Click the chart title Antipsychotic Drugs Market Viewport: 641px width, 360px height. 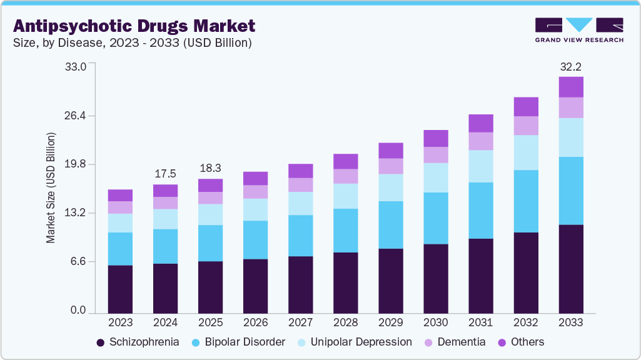point(134,26)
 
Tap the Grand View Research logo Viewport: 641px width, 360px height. point(579,30)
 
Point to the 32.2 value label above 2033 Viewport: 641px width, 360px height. point(571,66)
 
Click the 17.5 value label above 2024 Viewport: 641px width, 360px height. point(165,174)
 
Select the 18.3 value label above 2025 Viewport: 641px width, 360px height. point(210,168)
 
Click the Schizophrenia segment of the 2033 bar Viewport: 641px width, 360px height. point(571,269)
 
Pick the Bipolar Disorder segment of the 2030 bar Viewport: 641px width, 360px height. point(436,218)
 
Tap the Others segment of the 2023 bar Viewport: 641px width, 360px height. point(120,195)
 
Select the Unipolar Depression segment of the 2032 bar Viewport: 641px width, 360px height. point(526,152)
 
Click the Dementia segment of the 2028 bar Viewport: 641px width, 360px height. point(345,176)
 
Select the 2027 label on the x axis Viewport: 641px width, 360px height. point(300,323)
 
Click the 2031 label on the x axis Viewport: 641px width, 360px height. point(481,323)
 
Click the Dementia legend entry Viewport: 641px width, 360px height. point(455,342)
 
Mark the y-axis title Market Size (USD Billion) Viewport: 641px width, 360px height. point(51,188)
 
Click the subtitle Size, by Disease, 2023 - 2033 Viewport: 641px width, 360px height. point(133,43)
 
